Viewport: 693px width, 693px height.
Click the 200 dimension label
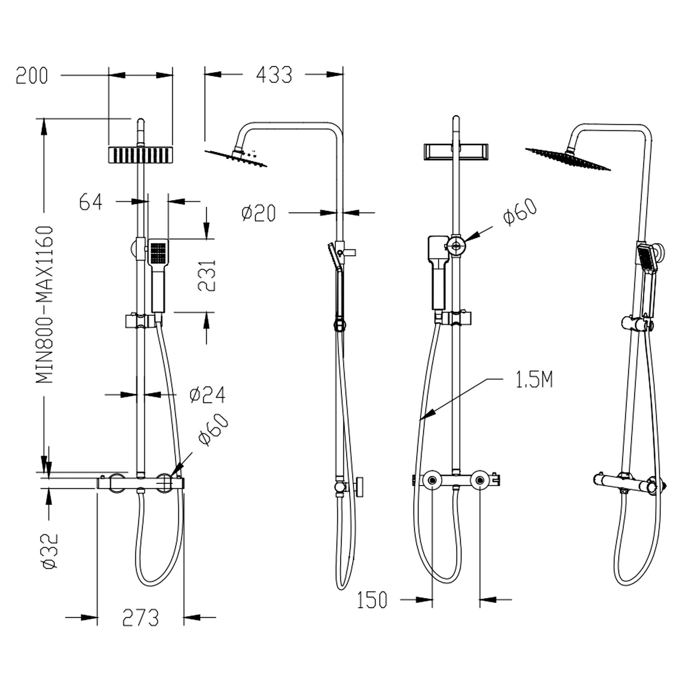click(x=32, y=76)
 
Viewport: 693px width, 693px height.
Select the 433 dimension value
click(x=274, y=75)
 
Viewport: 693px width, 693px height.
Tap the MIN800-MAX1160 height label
click(x=45, y=305)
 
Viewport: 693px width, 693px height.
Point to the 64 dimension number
click(x=91, y=202)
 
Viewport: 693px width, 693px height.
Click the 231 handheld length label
click(x=207, y=276)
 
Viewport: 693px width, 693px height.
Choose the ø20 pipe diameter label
click(x=259, y=212)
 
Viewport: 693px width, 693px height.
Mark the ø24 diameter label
click(x=207, y=395)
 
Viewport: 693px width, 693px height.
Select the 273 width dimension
click(x=140, y=618)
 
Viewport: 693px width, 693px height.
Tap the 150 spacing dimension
click(x=372, y=600)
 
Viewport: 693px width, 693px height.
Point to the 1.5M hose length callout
click(x=534, y=380)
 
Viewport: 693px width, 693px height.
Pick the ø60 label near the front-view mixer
click(x=213, y=430)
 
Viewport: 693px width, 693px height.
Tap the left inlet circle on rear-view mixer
click(x=432, y=480)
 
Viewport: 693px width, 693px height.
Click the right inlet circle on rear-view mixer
click(x=480, y=480)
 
